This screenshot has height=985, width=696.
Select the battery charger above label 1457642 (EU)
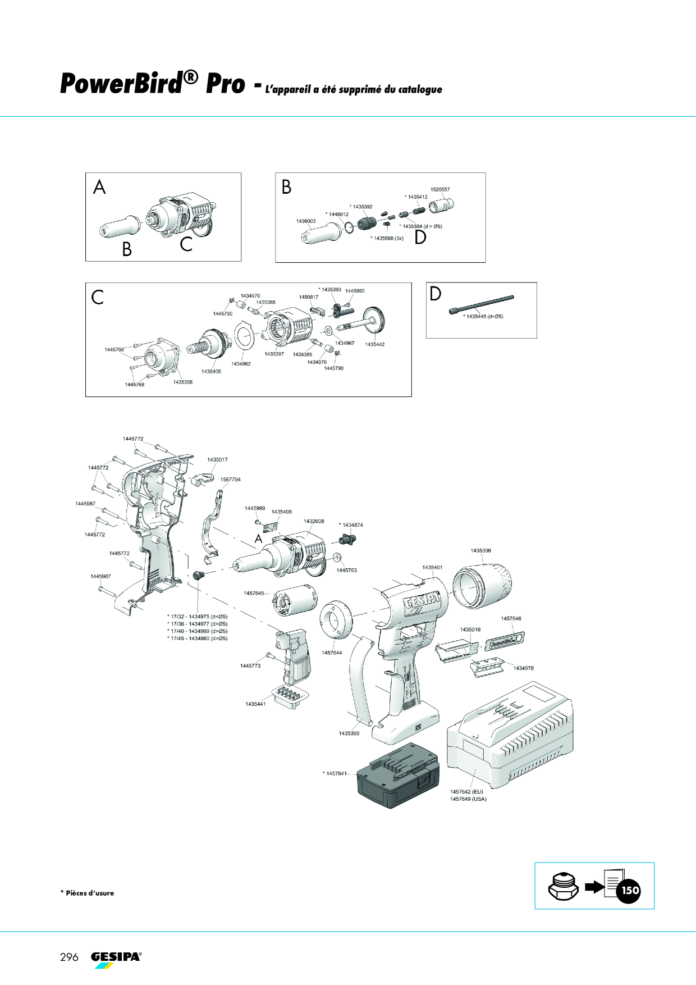(510, 736)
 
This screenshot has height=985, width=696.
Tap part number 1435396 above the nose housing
(480, 550)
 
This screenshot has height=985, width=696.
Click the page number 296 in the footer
(69, 957)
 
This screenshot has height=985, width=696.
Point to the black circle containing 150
(630, 890)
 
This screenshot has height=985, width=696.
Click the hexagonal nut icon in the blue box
(563, 887)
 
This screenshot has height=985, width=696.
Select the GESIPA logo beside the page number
(116, 959)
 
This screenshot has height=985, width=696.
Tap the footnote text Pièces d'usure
(90, 893)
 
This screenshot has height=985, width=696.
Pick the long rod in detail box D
(481, 304)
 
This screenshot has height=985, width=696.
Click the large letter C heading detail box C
(98, 297)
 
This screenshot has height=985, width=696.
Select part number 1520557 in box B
(440, 190)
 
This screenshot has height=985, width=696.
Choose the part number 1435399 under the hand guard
(349, 733)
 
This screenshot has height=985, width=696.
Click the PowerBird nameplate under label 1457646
(505, 641)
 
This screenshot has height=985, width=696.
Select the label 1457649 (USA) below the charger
(468, 799)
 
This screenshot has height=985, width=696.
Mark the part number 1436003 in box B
(306, 221)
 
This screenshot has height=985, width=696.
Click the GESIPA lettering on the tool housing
(423, 605)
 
